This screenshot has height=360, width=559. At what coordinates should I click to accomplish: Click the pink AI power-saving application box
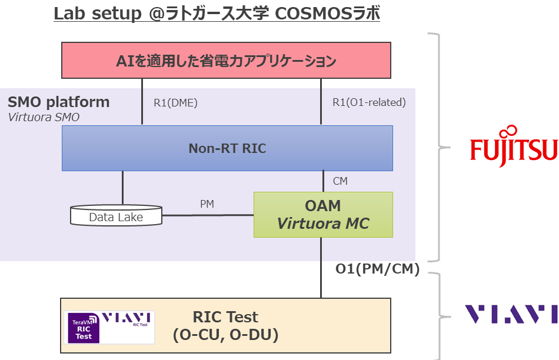click(x=227, y=60)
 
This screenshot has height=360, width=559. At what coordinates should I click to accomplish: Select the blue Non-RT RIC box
click(x=227, y=148)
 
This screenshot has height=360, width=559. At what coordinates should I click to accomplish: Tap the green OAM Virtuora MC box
click(x=322, y=215)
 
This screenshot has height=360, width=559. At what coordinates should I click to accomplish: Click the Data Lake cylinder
click(x=116, y=216)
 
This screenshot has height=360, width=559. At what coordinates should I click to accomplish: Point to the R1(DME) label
click(x=175, y=102)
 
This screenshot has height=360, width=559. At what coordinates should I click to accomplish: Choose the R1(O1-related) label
click(x=369, y=102)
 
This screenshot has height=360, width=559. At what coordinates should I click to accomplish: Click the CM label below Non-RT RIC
click(x=340, y=181)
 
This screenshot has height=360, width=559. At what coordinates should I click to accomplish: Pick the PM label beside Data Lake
click(x=207, y=204)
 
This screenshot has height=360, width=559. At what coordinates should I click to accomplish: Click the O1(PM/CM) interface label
click(x=377, y=269)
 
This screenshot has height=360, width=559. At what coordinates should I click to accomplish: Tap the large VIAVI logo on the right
click(x=511, y=314)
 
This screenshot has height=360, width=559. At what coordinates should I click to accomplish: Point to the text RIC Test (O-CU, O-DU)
click(x=225, y=326)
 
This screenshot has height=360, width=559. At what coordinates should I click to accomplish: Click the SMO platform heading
click(x=58, y=102)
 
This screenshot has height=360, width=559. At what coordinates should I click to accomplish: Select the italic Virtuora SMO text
click(x=44, y=117)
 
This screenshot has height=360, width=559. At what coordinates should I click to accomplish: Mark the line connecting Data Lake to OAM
click(x=207, y=215)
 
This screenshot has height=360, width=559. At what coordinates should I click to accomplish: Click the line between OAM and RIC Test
click(x=321, y=268)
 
